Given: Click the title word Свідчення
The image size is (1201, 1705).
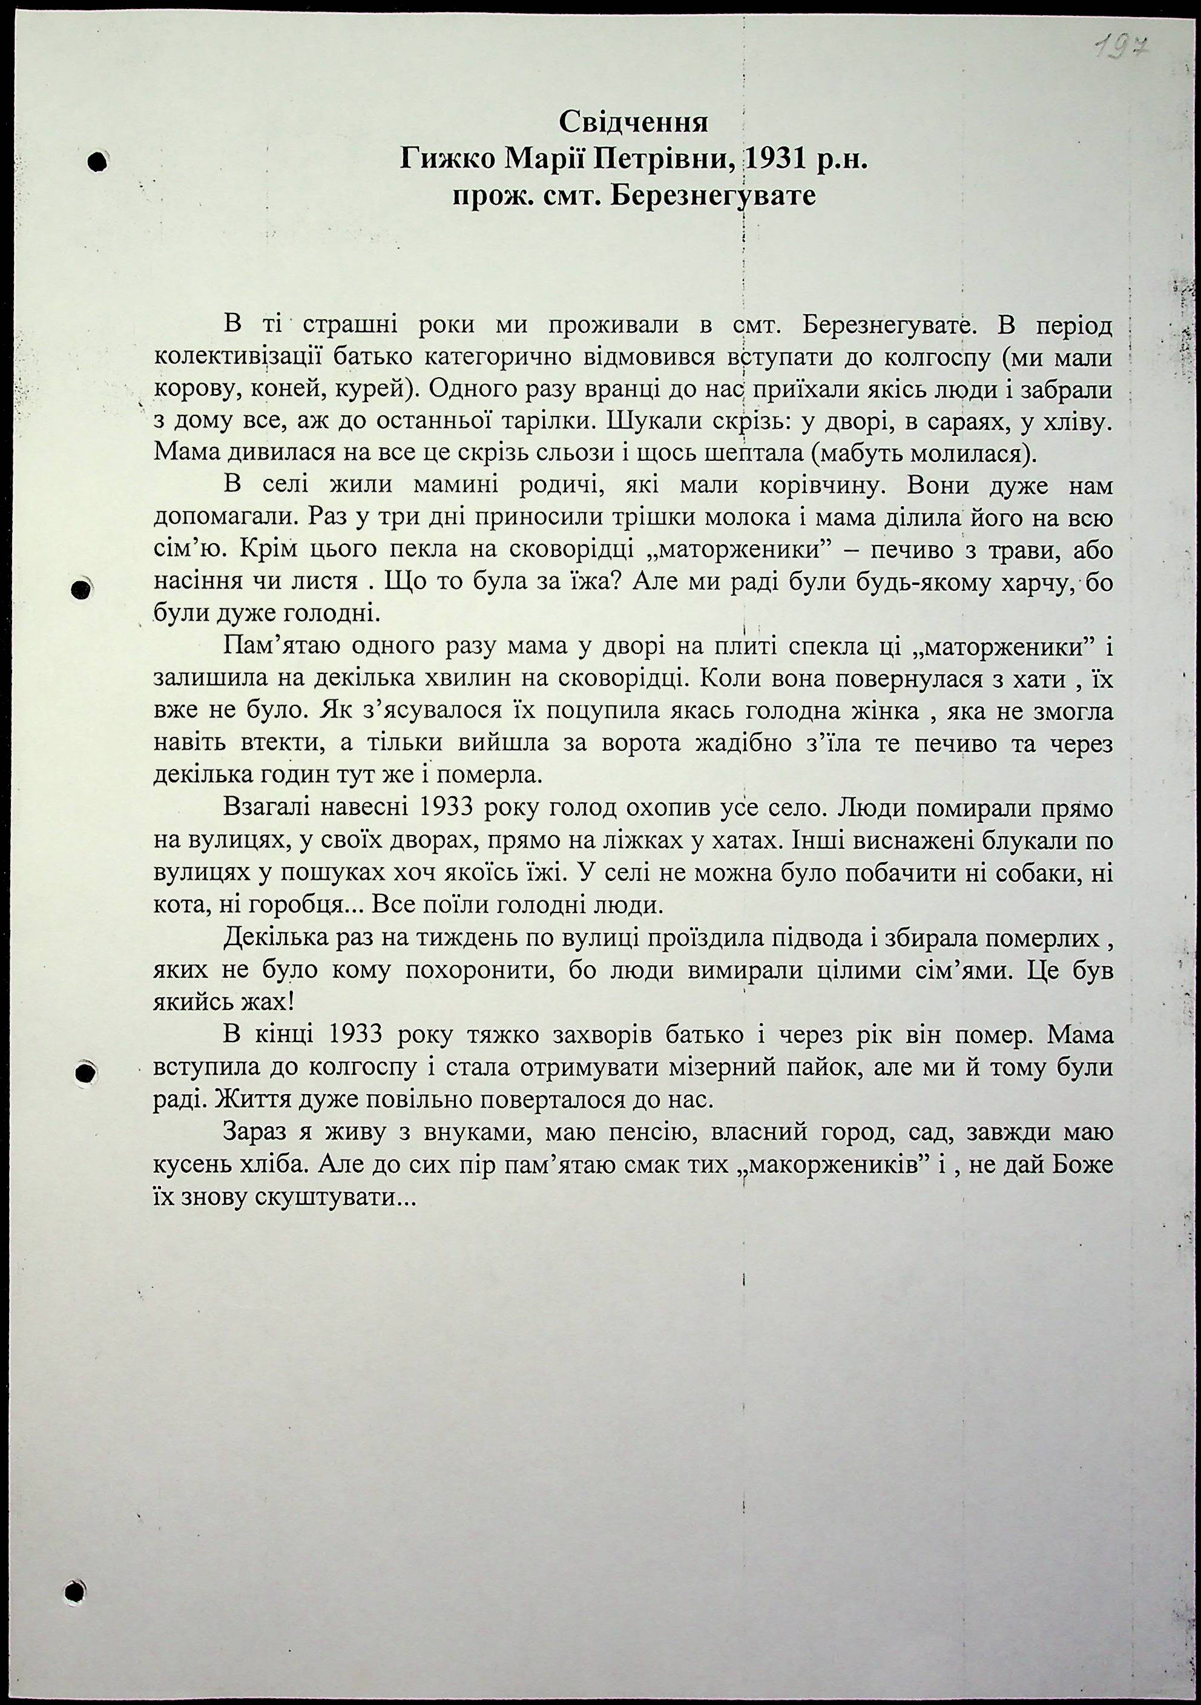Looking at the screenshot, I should coord(633,121).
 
